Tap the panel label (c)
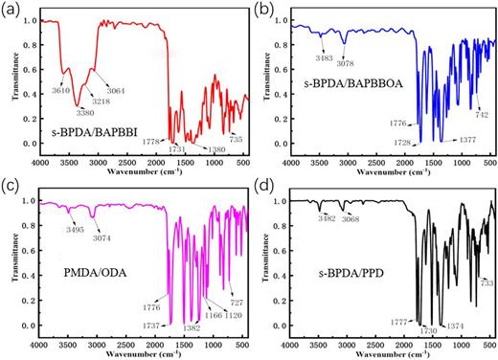(x=12, y=187)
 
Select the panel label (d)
(x=262, y=187)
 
